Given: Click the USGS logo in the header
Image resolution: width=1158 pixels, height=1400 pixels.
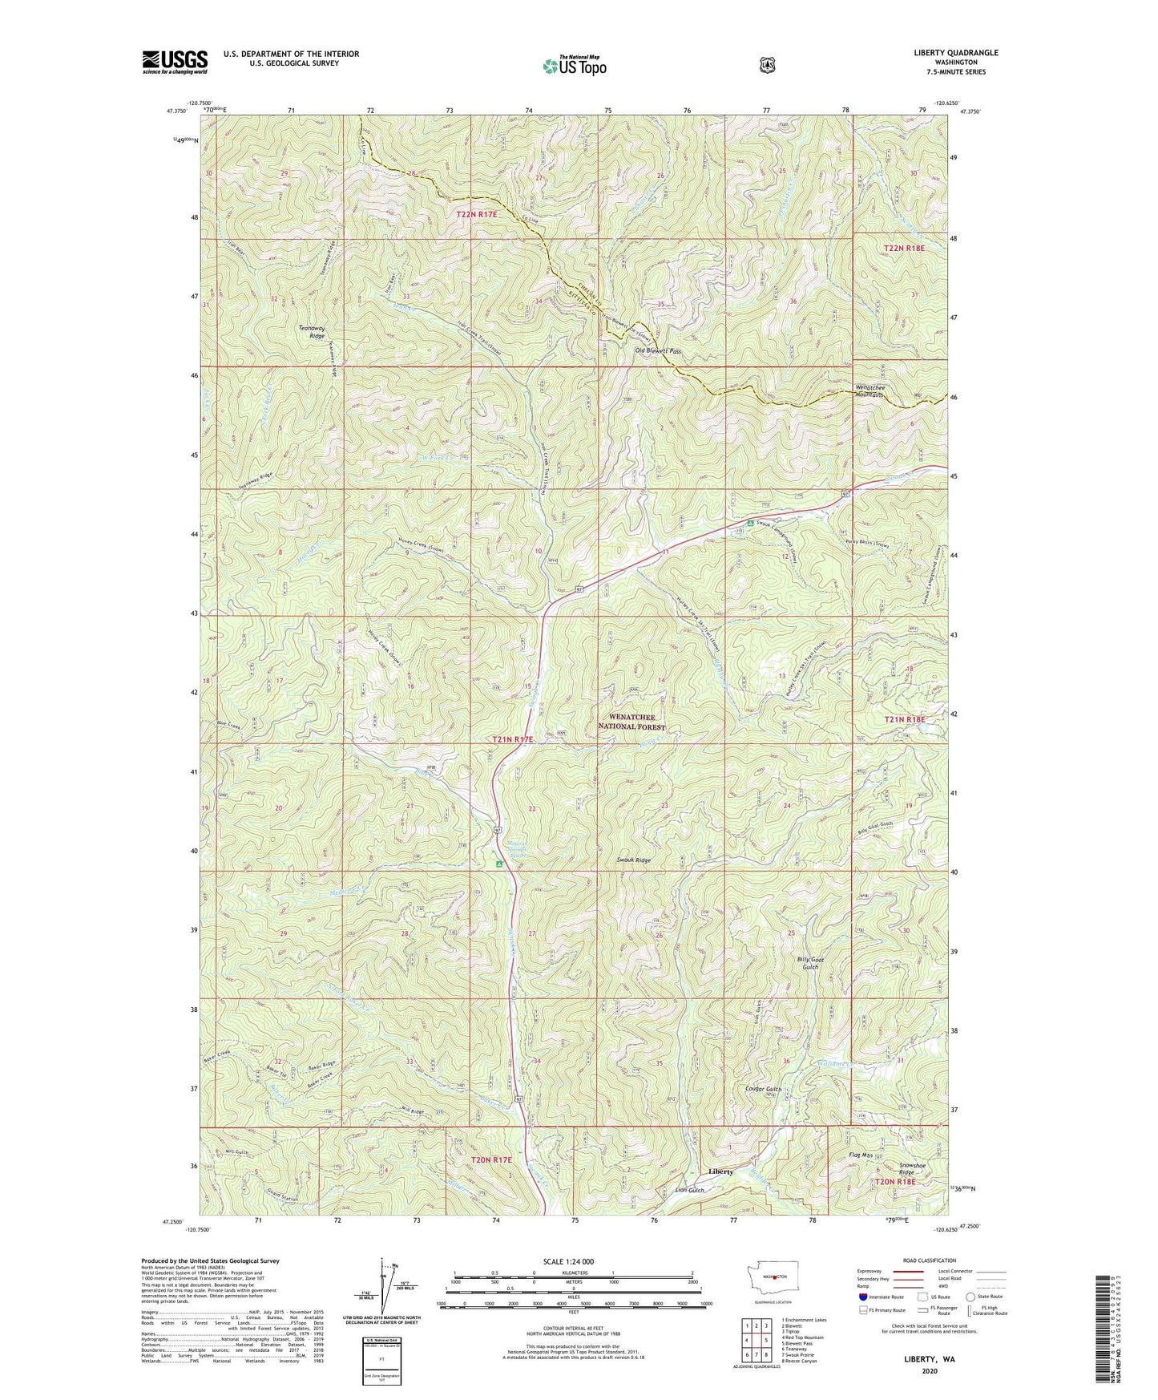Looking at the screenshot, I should [x=175, y=62].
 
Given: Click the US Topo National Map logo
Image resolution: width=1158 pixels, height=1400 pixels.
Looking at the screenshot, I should [x=573, y=65].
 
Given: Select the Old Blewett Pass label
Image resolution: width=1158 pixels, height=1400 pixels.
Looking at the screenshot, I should [x=657, y=351].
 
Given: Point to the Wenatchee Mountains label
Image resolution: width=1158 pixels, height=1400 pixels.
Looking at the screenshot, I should [x=866, y=390].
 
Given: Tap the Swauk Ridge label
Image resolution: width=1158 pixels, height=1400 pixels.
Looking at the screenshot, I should [x=632, y=860].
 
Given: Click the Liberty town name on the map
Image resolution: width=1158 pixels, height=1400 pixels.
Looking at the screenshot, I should [x=720, y=1171].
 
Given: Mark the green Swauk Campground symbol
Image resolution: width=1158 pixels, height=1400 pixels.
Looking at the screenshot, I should [x=750, y=524].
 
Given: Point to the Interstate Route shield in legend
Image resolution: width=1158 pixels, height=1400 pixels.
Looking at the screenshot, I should [x=862, y=1296].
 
